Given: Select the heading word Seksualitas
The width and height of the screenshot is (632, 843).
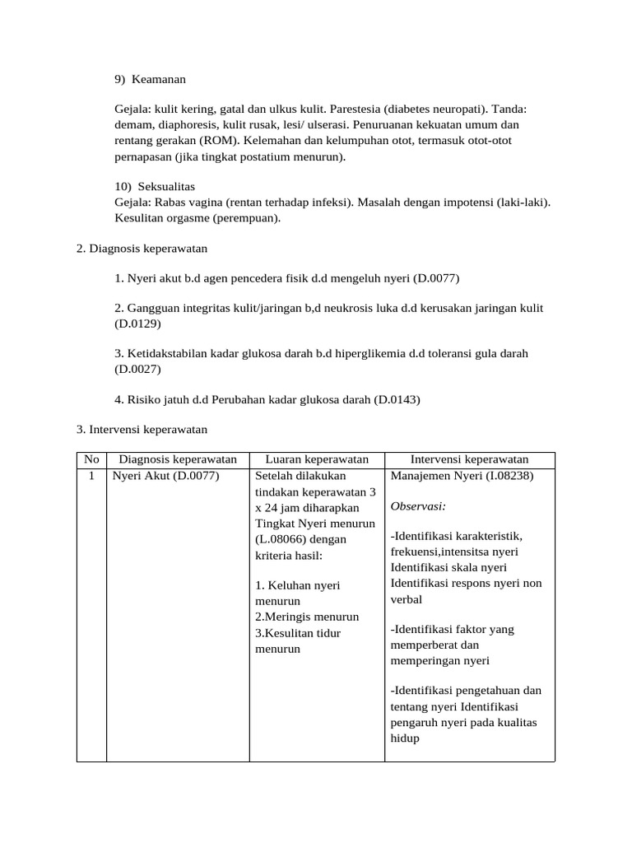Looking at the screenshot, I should (166, 187).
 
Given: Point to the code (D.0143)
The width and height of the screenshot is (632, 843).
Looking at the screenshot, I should (397, 400).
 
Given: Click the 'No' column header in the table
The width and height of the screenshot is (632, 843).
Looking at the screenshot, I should (91, 459).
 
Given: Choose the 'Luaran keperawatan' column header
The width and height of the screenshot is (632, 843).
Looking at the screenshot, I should (317, 459).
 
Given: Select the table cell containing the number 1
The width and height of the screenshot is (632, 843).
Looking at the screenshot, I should (91, 476).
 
